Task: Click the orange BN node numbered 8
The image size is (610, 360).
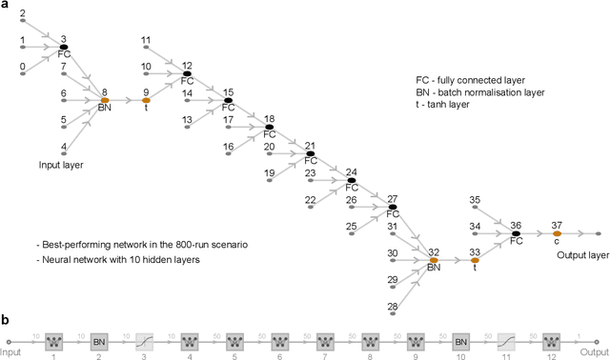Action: point(105,100)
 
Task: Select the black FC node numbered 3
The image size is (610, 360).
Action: point(64,46)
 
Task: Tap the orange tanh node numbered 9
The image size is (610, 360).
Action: point(146,100)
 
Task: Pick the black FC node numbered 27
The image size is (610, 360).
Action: point(392,207)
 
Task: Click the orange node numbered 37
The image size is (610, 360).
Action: point(557,232)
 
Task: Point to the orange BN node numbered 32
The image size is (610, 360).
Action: point(433,260)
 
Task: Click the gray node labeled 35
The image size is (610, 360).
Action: point(474,205)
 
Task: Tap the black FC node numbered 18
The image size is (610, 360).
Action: point(270,127)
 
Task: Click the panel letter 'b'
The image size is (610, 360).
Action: point(6,322)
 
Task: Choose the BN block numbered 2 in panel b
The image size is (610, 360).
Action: point(98,340)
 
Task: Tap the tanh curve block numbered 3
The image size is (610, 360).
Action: point(144,340)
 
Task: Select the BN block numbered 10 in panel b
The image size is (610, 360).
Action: point(460,340)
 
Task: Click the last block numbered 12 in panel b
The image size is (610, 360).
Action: point(551,340)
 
